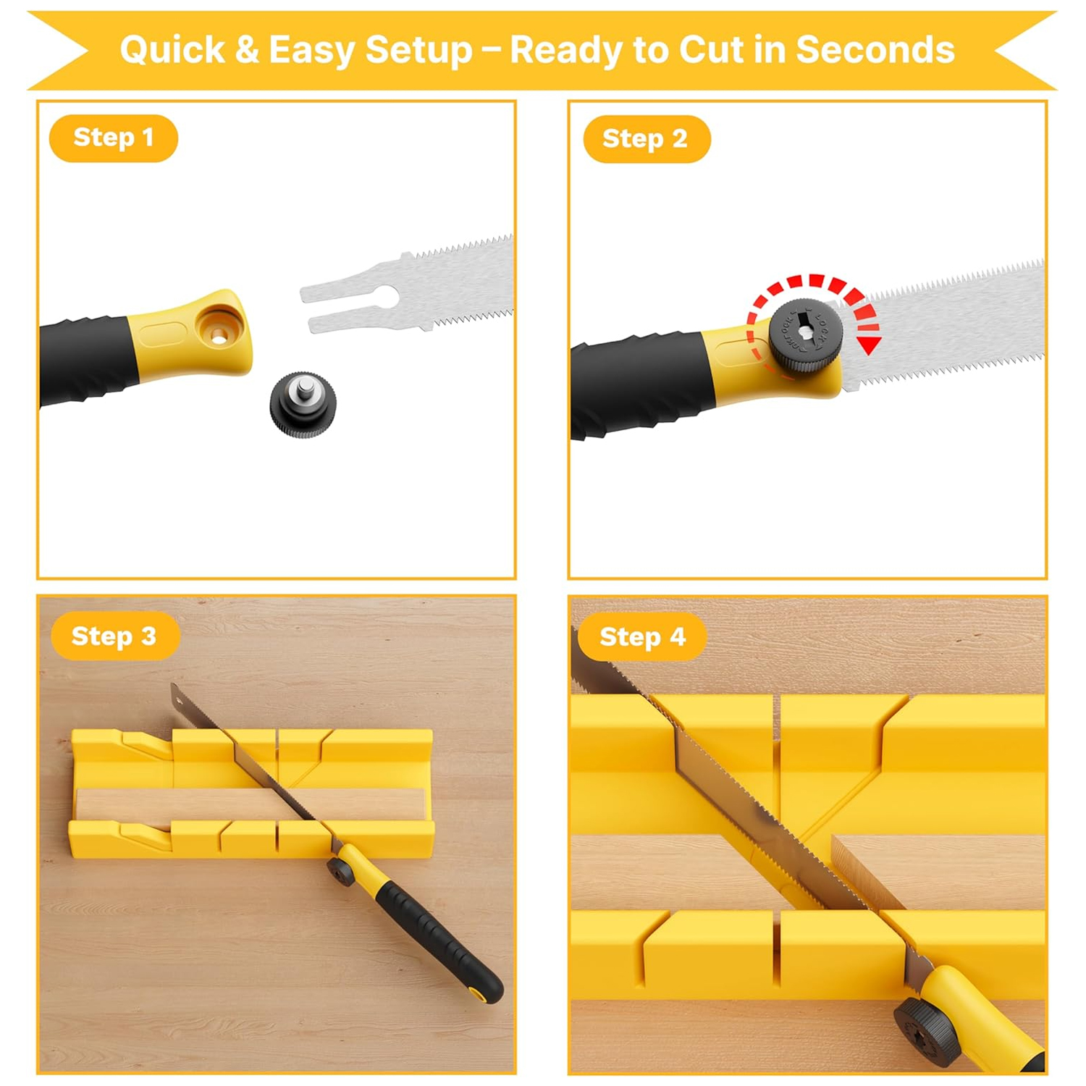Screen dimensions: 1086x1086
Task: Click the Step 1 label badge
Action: click(114, 138)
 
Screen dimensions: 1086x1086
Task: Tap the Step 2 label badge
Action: click(647, 138)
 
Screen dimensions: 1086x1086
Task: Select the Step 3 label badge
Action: click(114, 636)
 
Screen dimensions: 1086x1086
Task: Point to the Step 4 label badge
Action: click(642, 636)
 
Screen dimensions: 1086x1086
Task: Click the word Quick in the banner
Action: click(172, 50)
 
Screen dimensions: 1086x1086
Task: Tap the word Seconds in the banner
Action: click(875, 50)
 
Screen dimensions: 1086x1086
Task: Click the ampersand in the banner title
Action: click(247, 50)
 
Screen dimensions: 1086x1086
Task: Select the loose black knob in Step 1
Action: click(303, 403)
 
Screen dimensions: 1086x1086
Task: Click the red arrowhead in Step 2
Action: click(869, 344)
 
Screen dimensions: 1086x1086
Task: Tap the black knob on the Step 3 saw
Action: click(341, 871)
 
